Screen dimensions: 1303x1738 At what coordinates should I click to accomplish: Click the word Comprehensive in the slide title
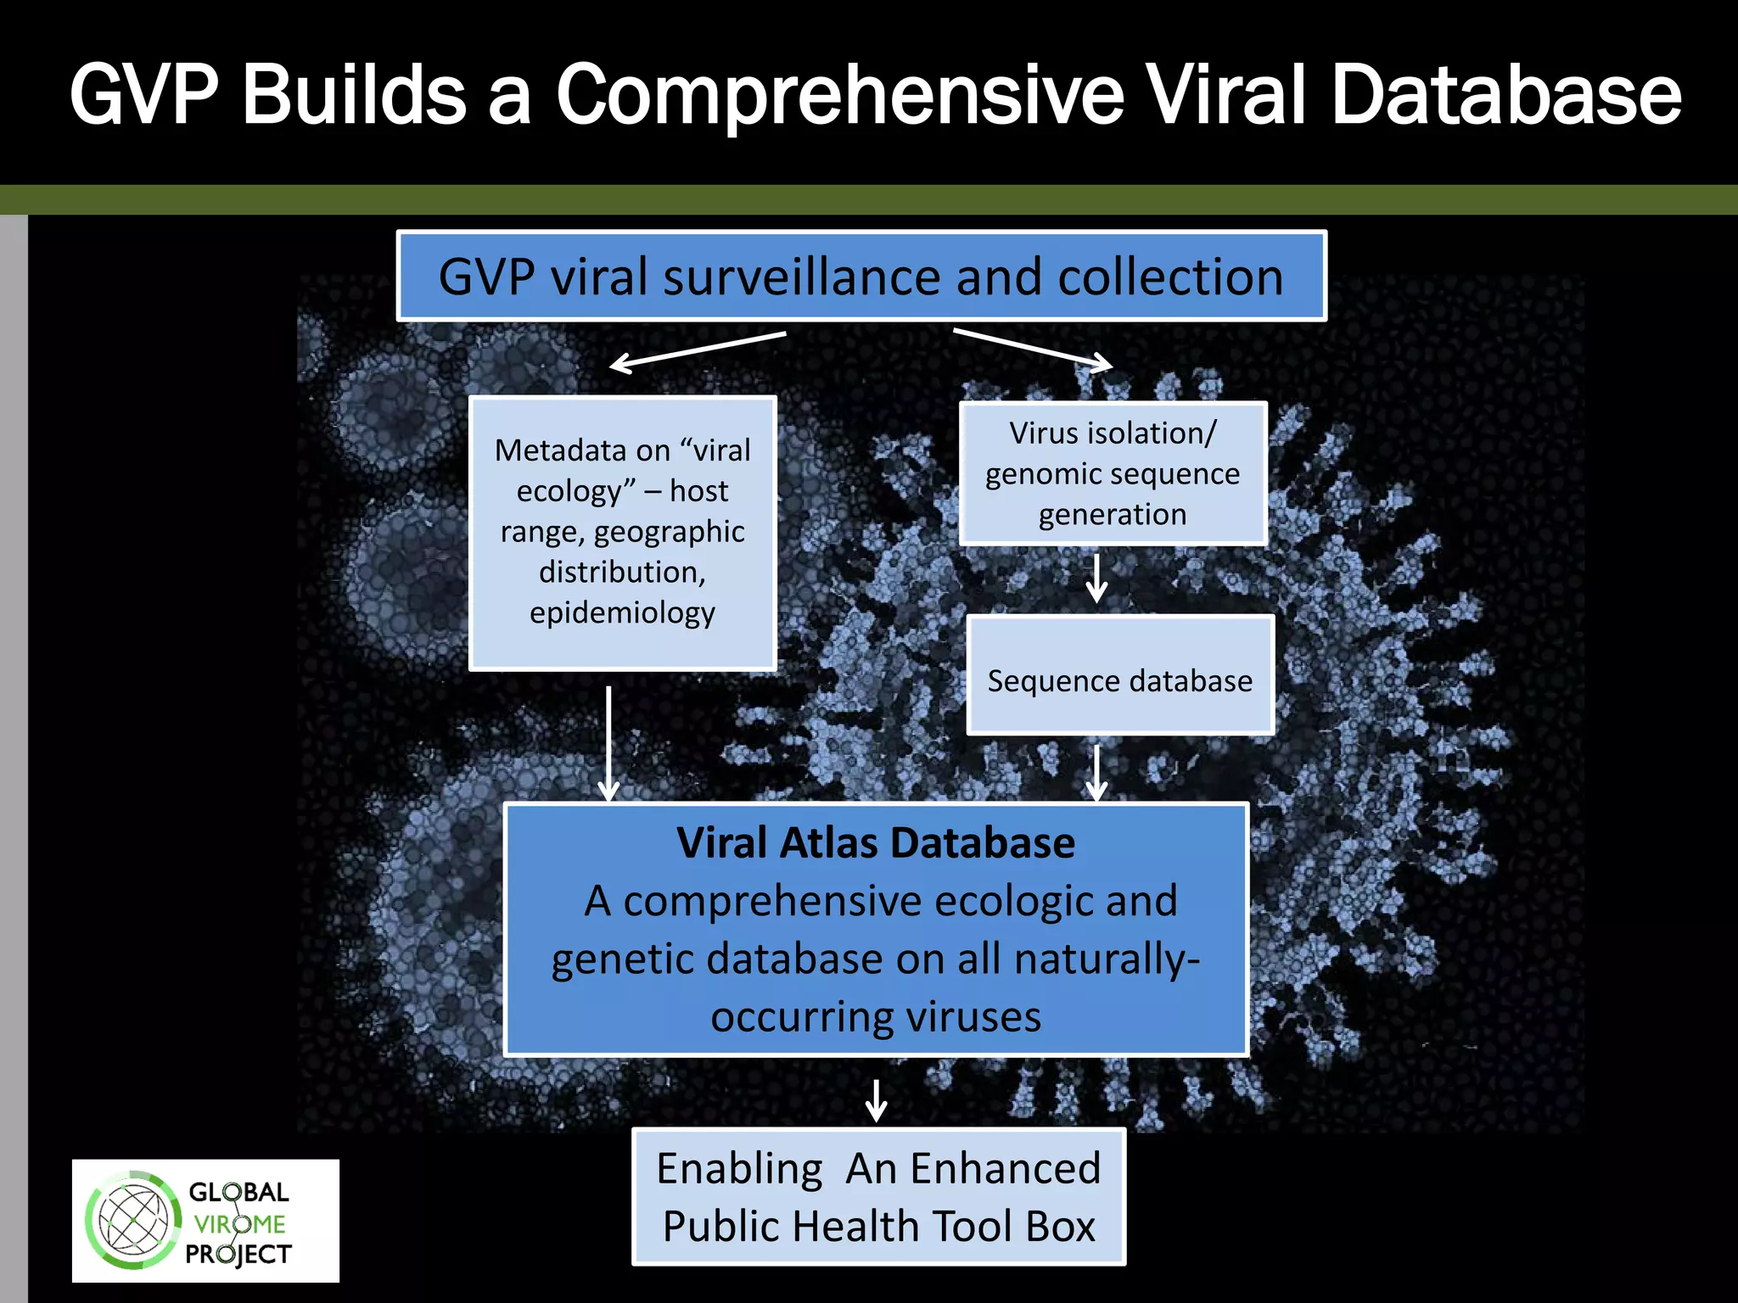(840, 95)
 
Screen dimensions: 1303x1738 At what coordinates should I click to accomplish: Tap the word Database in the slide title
(1505, 95)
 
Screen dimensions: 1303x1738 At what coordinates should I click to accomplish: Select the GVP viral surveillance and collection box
(861, 277)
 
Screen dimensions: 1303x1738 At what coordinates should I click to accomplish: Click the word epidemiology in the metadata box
(622, 612)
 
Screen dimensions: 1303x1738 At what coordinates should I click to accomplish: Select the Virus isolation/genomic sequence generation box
(1113, 473)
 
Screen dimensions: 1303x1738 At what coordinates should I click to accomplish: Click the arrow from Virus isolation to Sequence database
(1096, 579)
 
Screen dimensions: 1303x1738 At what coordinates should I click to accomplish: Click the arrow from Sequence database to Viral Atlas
(1096, 772)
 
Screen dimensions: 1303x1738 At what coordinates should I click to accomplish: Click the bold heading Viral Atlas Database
(875, 843)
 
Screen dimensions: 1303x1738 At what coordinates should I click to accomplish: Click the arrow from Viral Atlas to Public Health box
(876, 1099)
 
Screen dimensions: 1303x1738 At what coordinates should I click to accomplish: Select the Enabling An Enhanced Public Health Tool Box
(878, 1197)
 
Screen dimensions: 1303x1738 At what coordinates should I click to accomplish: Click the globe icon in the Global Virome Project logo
(132, 1221)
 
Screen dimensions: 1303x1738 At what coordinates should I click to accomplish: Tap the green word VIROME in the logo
(239, 1224)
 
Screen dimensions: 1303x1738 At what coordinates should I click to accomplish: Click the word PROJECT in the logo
(238, 1254)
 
